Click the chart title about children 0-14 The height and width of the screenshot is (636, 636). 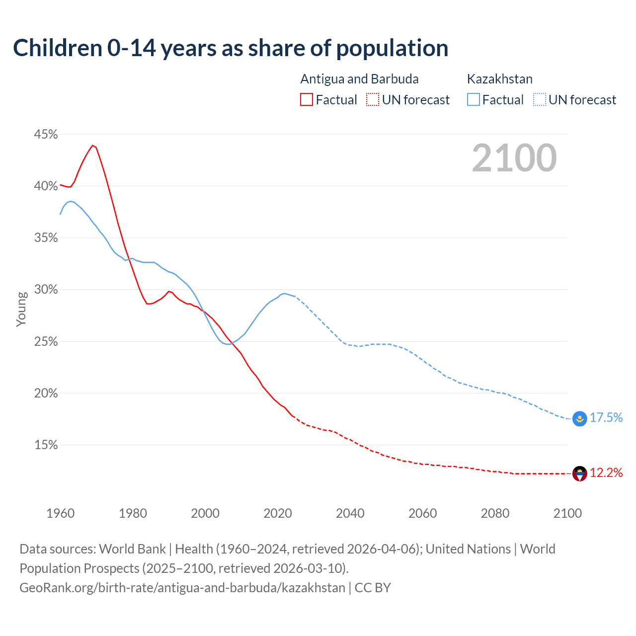point(231,48)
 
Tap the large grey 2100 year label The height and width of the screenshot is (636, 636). point(514,158)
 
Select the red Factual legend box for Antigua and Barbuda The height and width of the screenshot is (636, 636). point(307,100)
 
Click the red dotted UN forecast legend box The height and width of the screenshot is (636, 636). point(372,100)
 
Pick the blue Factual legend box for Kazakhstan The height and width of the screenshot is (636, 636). point(474,100)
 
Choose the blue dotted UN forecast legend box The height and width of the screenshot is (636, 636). point(539,100)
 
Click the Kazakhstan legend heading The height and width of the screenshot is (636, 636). point(499,79)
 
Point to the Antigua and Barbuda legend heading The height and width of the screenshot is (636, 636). point(359,79)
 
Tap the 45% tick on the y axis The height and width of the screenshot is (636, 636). point(46,135)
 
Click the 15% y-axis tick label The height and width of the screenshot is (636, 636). point(46,445)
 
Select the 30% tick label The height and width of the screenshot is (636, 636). point(46,290)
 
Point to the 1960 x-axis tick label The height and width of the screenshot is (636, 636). point(60,513)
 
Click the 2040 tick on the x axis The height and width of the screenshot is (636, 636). point(350,513)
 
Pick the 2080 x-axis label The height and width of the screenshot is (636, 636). point(495,513)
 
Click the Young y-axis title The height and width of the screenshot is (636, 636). point(21,309)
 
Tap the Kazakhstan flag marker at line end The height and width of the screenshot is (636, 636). point(579,419)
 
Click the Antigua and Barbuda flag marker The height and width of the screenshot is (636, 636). point(579,474)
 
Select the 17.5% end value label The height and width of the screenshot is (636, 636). point(606,418)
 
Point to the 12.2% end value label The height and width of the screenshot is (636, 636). point(606,473)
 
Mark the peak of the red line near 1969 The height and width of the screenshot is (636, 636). point(92,145)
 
